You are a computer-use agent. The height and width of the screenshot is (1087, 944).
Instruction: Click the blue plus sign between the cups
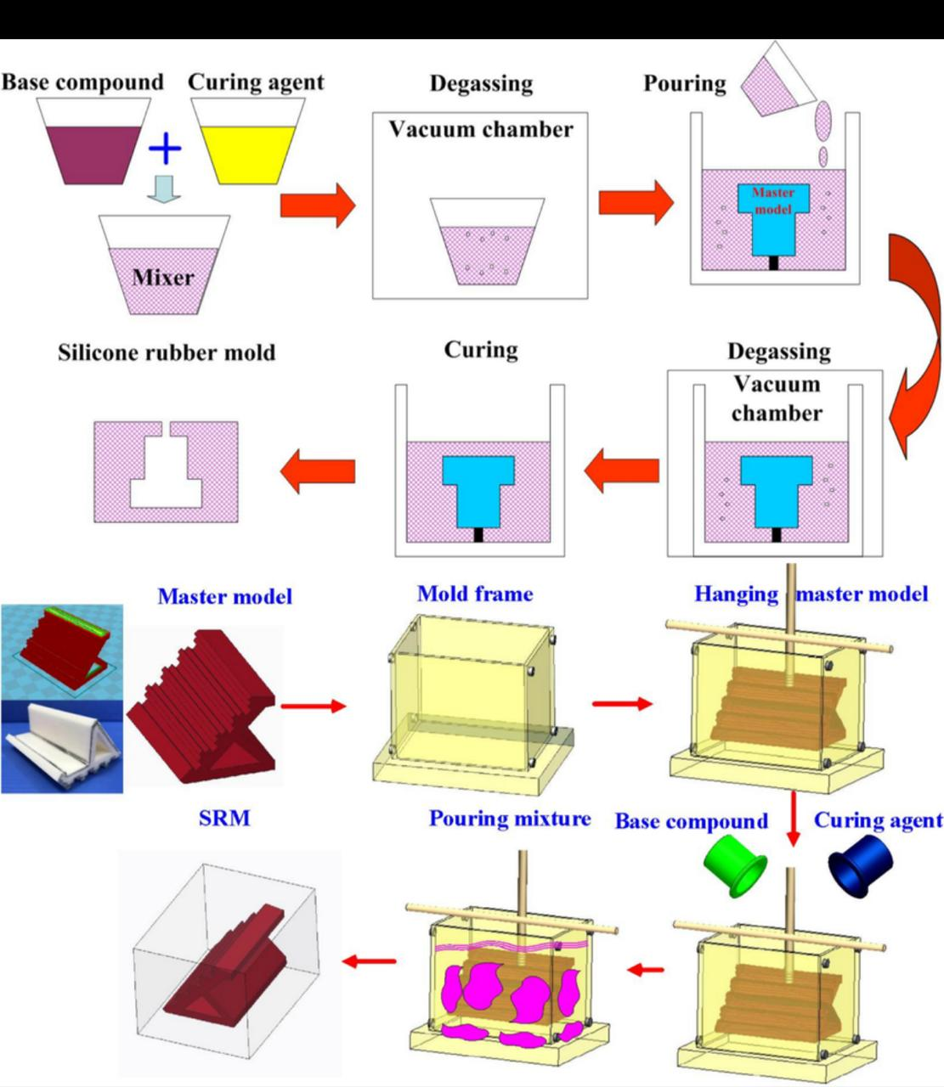click(x=165, y=149)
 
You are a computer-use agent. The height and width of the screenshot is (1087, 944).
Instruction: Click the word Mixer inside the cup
click(x=162, y=277)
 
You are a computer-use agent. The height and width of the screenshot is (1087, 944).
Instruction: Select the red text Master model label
click(x=772, y=200)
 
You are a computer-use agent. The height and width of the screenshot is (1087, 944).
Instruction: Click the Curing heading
click(x=480, y=350)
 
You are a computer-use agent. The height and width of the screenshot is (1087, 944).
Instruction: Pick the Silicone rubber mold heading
click(x=167, y=352)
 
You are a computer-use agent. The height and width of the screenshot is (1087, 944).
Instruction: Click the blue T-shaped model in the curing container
click(x=478, y=490)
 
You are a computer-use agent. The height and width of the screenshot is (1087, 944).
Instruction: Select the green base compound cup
click(x=736, y=864)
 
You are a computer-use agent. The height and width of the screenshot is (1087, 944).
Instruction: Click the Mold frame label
click(x=475, y=594)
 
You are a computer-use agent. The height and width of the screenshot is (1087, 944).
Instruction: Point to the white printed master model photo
click(x=61, y=747)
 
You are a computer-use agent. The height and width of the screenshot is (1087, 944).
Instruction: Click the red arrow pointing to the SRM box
click(x=370, y=960)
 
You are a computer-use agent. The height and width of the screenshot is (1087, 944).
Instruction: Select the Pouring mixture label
click(x=509, y=819)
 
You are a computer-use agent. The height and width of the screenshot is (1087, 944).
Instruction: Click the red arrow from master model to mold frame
click(x=313, y=705)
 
